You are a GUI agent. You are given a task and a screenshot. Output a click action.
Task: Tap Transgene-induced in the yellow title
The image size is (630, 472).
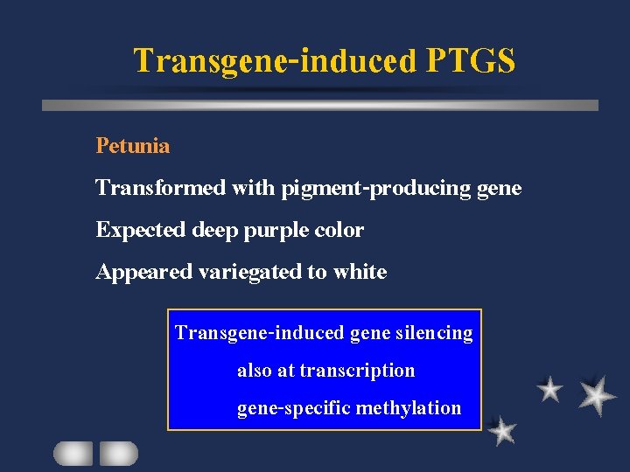[x=276, y=61]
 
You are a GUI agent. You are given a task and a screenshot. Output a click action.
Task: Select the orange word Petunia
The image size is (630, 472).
[x=133, y=146]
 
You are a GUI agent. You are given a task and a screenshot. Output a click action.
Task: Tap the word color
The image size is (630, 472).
[x=340, y=230]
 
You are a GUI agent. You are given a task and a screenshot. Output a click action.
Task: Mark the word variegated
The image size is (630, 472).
[x=249, y=272]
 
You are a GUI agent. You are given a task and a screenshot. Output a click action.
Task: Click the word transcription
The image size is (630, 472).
[x=357, y=371]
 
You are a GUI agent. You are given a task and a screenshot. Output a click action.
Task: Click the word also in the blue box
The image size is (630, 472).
[x=255, y=371]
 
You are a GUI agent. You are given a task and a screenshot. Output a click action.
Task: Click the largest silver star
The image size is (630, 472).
[x=596, y=394]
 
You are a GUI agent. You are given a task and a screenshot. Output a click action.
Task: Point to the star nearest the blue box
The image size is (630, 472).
[x=501, y=430]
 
